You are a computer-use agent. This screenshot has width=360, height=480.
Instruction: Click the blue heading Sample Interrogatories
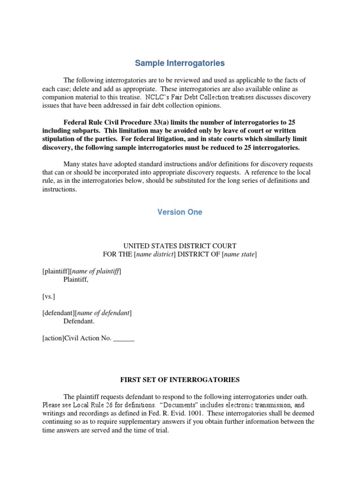tap(180, 63)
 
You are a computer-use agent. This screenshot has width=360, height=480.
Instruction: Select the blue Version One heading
tap(180, 212)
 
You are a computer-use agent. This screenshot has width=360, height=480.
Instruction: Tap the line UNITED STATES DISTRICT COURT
tap(180, 246)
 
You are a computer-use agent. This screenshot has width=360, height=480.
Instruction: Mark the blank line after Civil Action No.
tap(124, 339)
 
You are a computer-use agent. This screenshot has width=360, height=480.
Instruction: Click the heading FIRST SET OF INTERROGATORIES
tap(180, 380)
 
